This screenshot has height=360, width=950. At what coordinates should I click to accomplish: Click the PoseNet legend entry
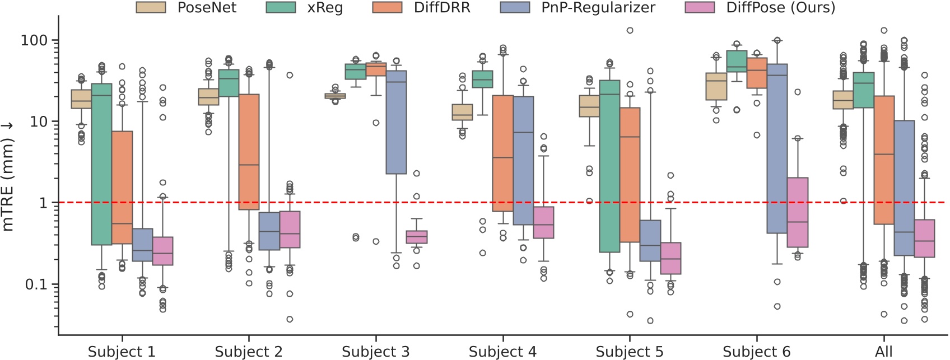tap(187, 7)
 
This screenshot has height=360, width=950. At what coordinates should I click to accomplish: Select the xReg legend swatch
tap(281, 7)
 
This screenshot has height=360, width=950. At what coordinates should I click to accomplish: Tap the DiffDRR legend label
tap(441, 7)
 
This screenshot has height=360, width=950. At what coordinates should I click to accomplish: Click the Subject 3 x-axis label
tap(375, 352)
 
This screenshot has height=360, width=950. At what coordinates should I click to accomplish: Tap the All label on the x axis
tap(884, 352)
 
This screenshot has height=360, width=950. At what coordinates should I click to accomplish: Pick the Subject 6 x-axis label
tap(756, 352)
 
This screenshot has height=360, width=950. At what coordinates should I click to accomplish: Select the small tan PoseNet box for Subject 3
tap(335, 96)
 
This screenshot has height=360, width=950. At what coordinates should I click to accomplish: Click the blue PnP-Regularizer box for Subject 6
tap(777, 148)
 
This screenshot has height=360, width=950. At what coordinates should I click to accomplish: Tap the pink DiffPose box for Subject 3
tap(416, 237)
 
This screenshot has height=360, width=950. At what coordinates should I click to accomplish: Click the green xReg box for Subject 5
tap(609, 166)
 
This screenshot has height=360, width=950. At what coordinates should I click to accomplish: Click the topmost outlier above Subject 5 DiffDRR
tap(630, 30)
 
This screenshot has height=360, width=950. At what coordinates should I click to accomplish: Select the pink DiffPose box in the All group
tap(924, 238)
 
